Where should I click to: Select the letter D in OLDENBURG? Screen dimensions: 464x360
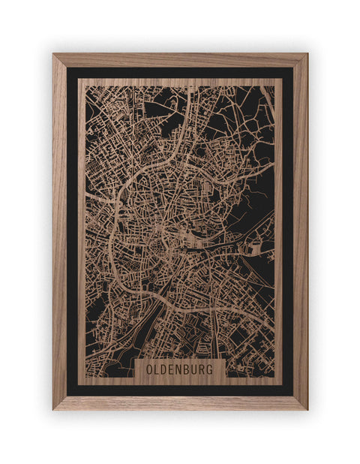point(165,370)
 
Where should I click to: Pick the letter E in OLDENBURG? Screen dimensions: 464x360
point(172,370)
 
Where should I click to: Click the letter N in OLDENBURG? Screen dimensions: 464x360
point(180,370)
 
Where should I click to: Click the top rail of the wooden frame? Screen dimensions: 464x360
point(180,60)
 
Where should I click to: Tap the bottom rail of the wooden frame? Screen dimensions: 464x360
point(180,402)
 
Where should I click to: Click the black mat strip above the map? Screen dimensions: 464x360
point(180,73)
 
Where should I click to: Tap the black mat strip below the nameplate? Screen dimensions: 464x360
point(180,390)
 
